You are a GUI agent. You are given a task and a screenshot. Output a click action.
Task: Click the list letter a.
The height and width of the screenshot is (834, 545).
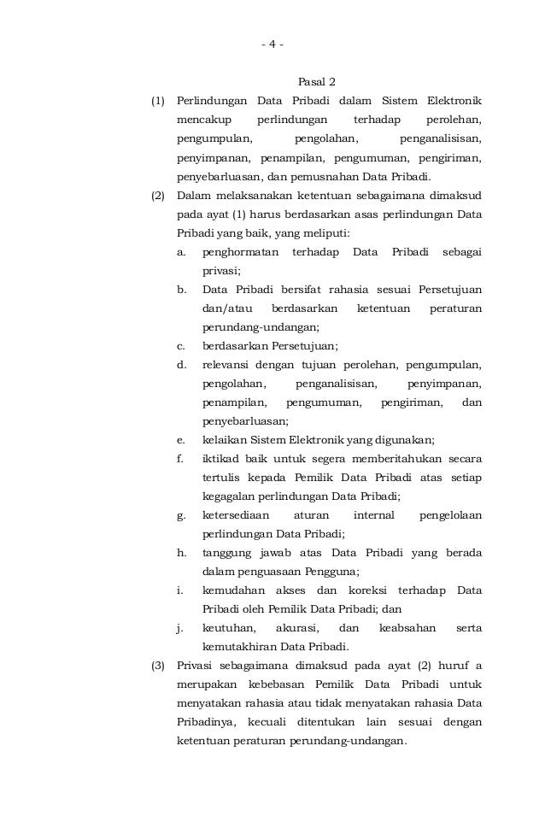tap(180, 252)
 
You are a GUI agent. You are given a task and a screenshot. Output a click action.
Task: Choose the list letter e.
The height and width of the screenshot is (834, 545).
tap(180, 440)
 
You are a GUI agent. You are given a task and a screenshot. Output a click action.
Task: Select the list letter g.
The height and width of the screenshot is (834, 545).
tap(181, 515)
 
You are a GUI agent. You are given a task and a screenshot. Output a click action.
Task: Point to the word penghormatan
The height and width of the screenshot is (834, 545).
tap(240, 252)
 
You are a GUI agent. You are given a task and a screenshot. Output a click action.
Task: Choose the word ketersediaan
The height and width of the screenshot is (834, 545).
tap(235, 515)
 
